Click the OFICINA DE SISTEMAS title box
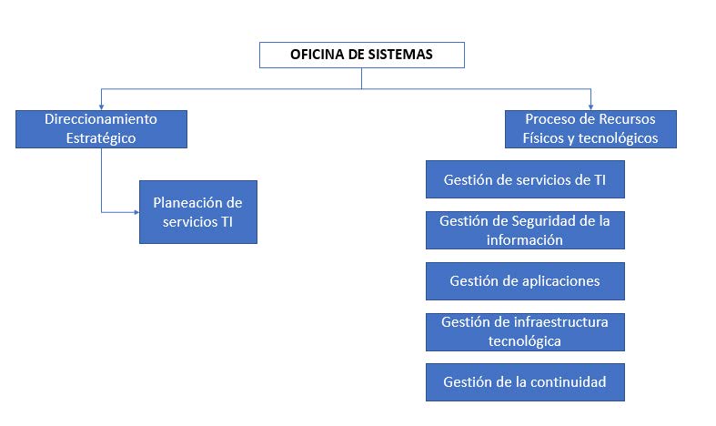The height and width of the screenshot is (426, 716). (x=362, y=55)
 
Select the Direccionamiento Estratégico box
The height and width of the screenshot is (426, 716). (x=101, y=129)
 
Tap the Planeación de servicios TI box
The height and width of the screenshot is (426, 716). (x=198, y=212)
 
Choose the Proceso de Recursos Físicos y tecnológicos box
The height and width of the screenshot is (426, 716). (x=590, y=129)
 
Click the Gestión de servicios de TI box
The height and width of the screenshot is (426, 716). (x=525, y=179)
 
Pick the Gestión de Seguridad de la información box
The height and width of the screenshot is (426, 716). (x=525, y=230)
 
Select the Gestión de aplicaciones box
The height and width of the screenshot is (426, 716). (x=525, y=281)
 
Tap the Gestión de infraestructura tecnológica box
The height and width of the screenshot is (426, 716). (x=525, y=332)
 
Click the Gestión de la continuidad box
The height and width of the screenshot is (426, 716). (x=525, y=382)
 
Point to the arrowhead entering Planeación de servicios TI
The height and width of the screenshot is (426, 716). (x=136, y=212)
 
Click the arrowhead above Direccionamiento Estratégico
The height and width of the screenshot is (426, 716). (x=101, y=107)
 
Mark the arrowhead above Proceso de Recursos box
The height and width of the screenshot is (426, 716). (x=590, y=107)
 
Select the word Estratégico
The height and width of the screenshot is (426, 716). (x=101, y=138)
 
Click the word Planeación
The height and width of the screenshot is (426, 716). (x=188, y=202)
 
